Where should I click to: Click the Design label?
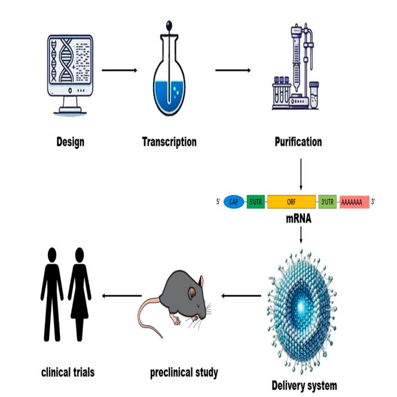70,142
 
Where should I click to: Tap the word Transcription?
169,142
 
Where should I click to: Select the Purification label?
298,142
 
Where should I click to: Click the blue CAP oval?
234,202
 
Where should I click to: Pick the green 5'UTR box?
255,202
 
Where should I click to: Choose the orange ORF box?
291,202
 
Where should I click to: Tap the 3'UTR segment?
328,202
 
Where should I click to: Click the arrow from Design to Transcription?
120,71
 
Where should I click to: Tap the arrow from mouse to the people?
121,295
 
